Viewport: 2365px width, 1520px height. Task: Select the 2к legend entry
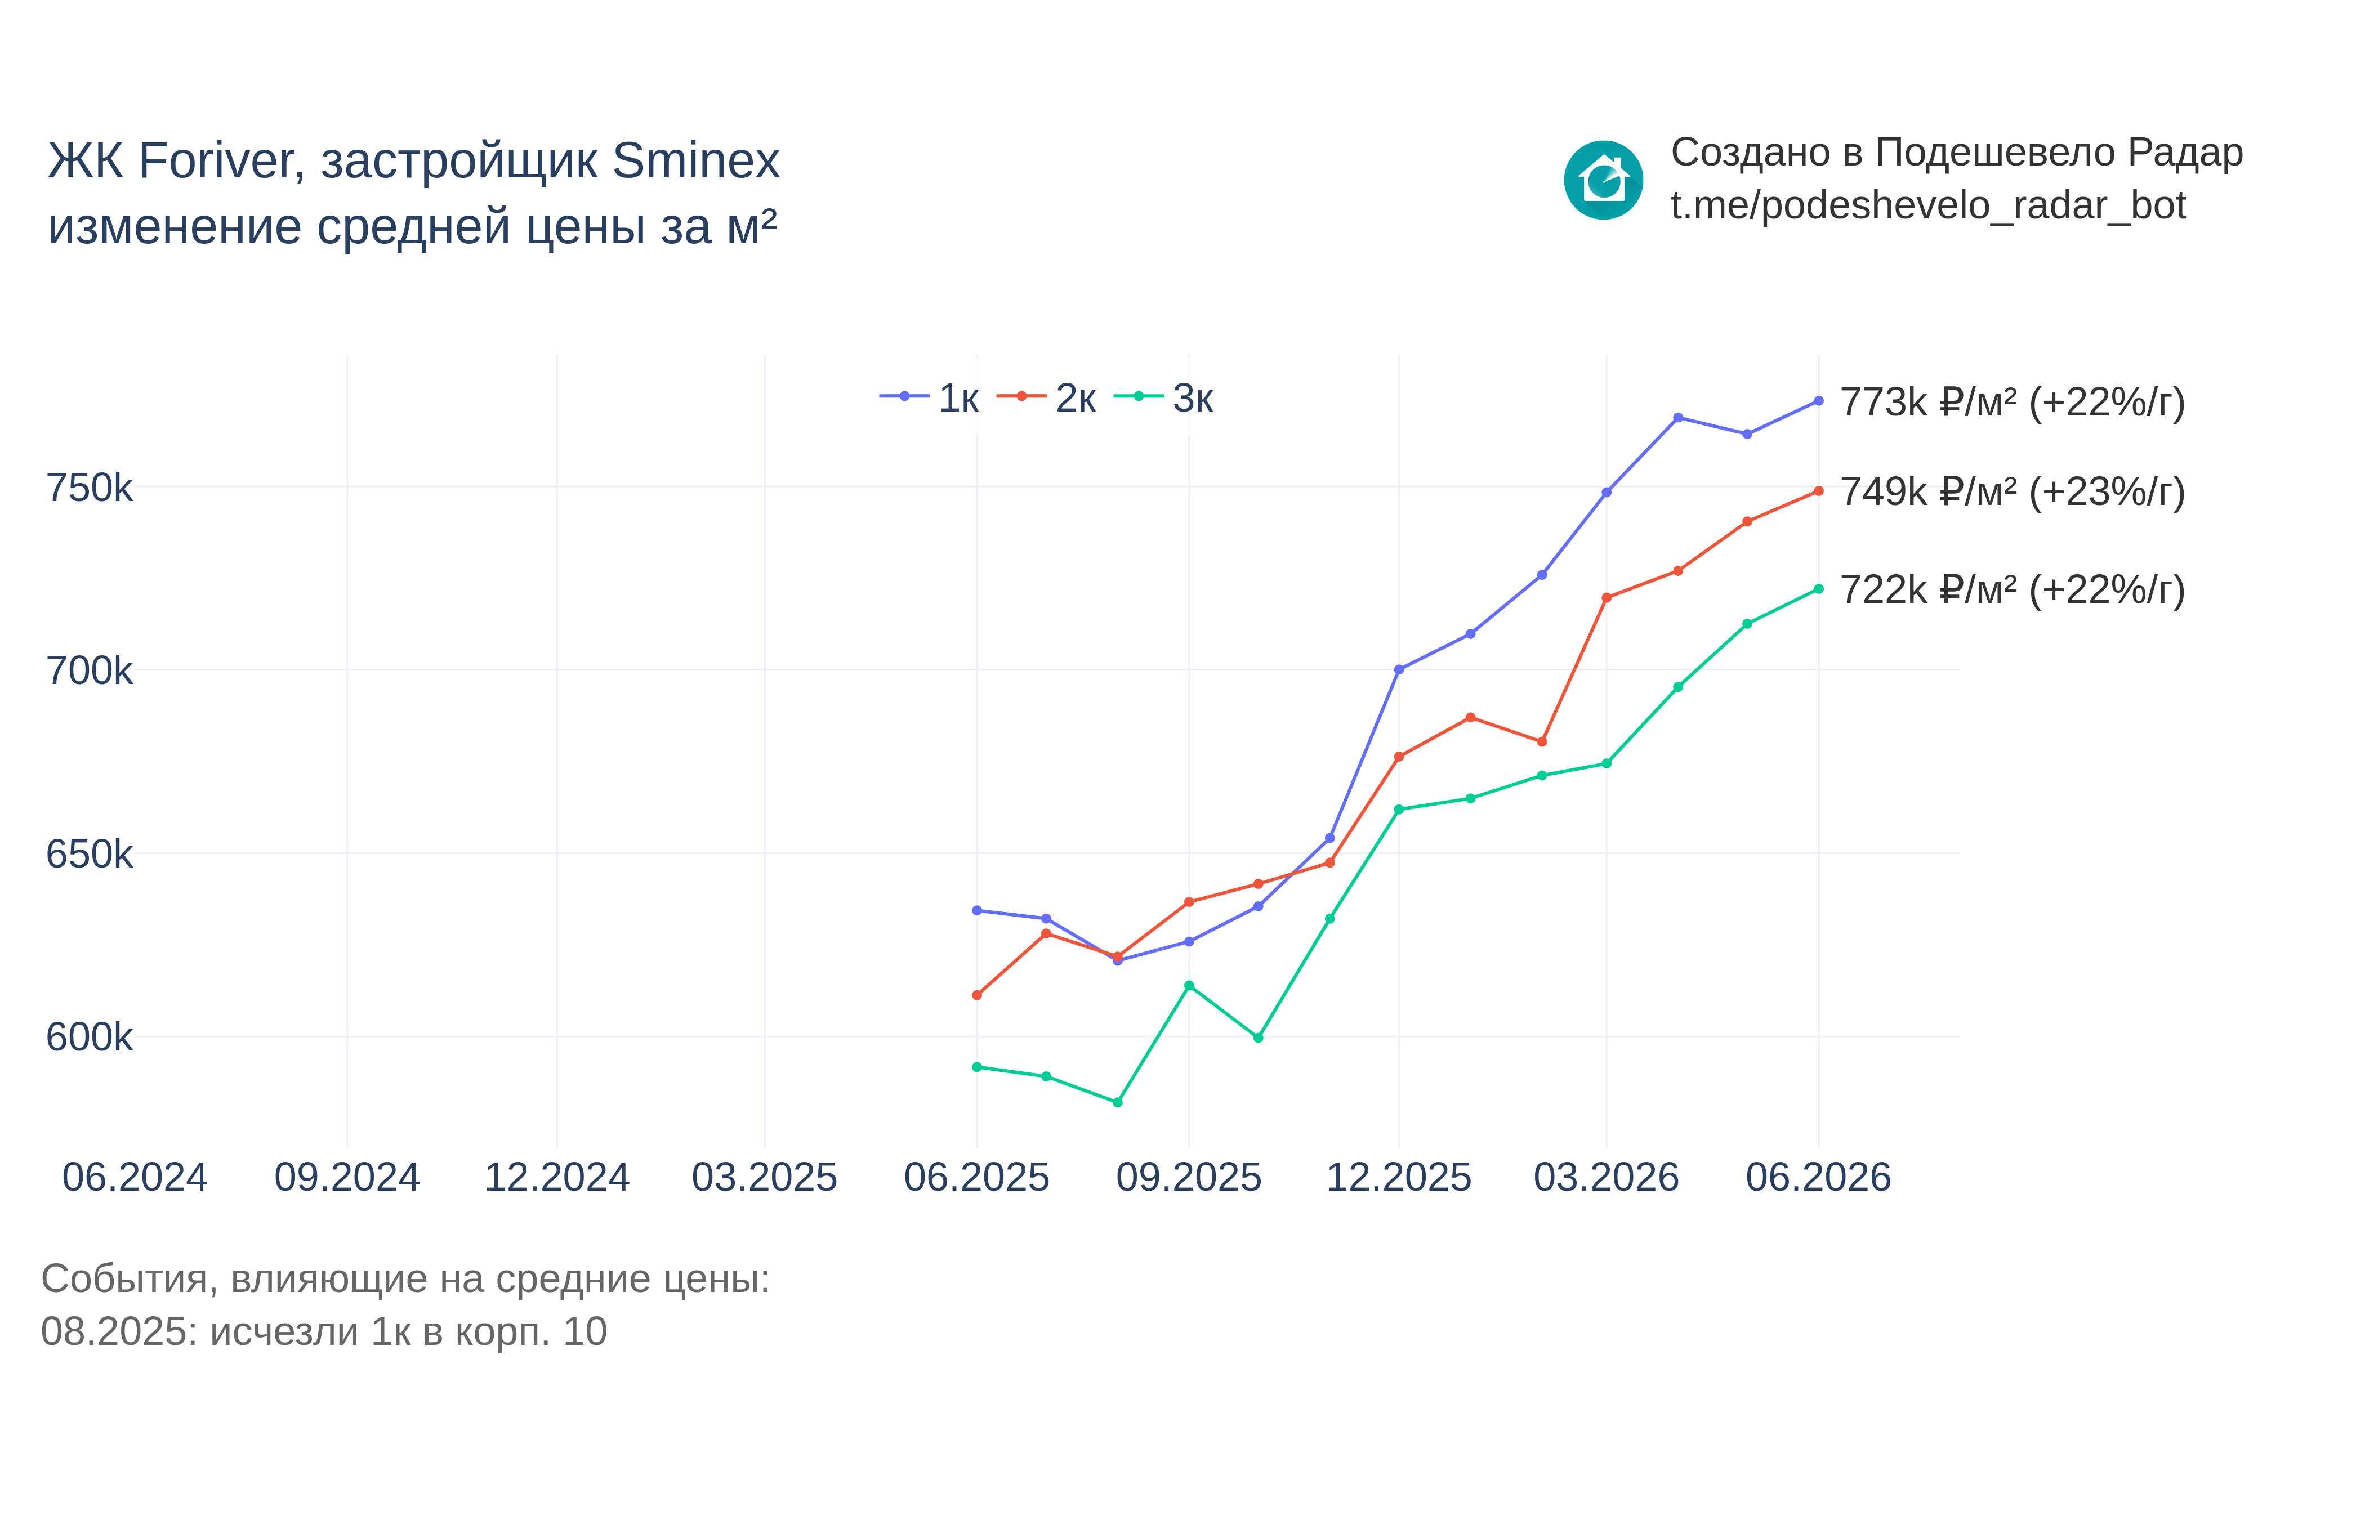(1046, 398)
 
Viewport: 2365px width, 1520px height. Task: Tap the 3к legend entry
(1164, 398)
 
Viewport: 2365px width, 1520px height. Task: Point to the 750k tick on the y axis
(89, 488)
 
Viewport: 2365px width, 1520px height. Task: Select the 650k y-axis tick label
(89, 854)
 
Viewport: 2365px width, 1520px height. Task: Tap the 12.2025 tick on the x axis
(1399, 1178)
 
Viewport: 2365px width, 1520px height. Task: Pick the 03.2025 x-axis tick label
(765, 1178)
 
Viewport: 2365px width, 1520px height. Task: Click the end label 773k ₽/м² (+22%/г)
(2013, 403)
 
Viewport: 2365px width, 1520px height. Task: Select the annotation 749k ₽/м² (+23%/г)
(2013, 491)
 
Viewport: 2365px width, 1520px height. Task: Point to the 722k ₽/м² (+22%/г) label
(2013, 590)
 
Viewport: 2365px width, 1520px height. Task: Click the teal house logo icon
(1604, 180)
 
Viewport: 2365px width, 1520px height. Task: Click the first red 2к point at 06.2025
(977, 995)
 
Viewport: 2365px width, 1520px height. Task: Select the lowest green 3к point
(1117, 1102)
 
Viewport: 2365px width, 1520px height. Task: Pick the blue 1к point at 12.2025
(1399, 669)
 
